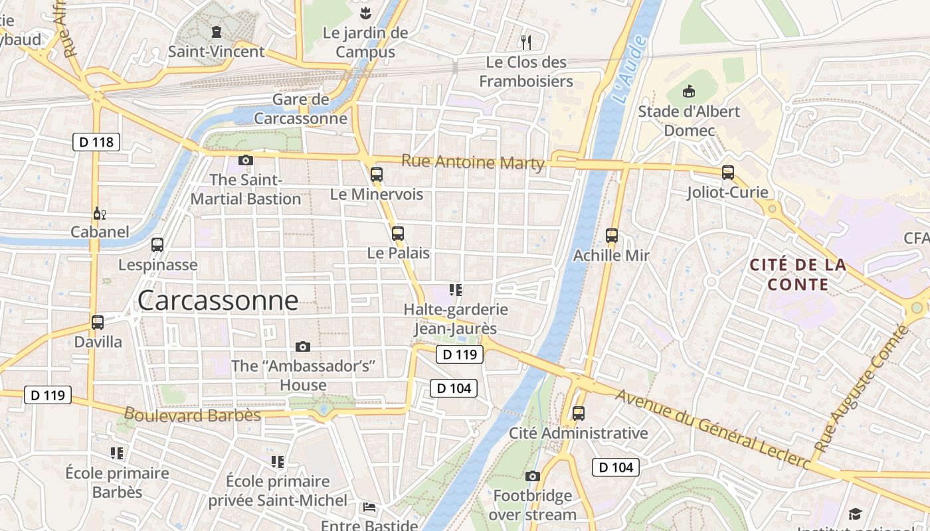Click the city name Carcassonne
(x=218, y=301)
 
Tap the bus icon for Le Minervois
(x=377, y=175)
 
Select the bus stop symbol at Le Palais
(x=398, y=233)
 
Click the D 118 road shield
(x=96, y=141)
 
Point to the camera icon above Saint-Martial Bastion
(x=246, y=160)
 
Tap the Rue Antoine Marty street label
(x=472, y=162)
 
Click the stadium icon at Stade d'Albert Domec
(x=689, y=91)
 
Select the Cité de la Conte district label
(x=798, y=275)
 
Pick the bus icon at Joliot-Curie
(x=728, y=173)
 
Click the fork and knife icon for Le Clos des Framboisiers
(x=526, y=42)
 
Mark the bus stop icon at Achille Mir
(x=612, y=235)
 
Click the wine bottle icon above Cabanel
(x=99, y=213)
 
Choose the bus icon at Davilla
(x=98, y=323)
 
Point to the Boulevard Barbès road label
(x=192, y=415)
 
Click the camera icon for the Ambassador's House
(x=303, y=346)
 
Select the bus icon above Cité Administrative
(x=579, y=414)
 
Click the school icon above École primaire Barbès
(x=117, y=453)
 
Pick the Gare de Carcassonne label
(x=300, y=109)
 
